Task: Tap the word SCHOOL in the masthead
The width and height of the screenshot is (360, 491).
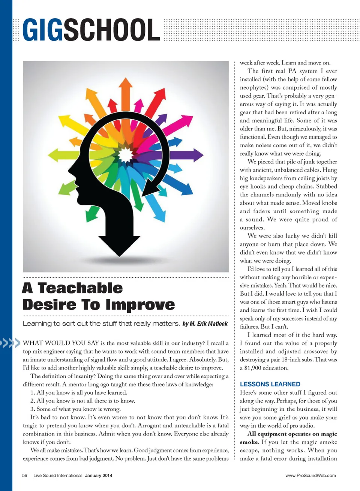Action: tap(111, 30)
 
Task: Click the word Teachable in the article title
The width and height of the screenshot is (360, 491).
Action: tap(80, 288)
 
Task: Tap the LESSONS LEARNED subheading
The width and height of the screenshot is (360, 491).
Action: tap(270, 384)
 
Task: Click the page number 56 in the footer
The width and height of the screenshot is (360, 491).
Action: tap(25, 475)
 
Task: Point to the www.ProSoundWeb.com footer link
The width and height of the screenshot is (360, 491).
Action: tap(310, 475)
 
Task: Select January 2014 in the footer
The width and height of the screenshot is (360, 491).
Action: tap(98, 475)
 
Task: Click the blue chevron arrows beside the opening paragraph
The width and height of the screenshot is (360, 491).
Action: tap(10, 343)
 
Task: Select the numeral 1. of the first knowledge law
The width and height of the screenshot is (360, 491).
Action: tap(33, 392)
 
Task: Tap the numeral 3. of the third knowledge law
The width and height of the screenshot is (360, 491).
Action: tap(33, 409)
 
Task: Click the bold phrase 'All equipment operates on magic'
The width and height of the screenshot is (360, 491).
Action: tap(292, 434)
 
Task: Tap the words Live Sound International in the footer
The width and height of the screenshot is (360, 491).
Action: tap(57, 475)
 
